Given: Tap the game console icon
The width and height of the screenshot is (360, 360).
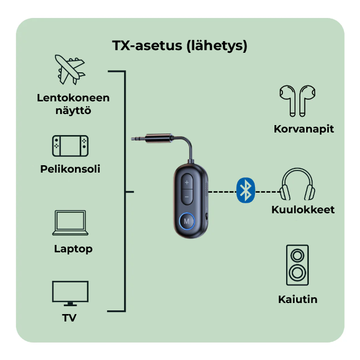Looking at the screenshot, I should (x=70, y=145).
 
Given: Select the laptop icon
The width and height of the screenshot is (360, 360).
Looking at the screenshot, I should (x=70, y=223).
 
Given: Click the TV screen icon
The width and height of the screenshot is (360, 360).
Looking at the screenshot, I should (x=70, y=293).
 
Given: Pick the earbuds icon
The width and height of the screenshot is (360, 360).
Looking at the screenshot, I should (x=297, y=100).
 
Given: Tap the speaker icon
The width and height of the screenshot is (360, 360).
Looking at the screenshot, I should (x=297, y=264).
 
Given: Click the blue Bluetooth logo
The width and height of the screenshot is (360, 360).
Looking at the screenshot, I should (x=245, y=191).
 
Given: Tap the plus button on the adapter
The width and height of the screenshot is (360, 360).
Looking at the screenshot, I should (x=187, y=183).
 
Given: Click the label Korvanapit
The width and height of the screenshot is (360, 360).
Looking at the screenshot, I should (x=304, y=129).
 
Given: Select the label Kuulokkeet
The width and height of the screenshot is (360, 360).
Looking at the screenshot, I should (x=303, y=210).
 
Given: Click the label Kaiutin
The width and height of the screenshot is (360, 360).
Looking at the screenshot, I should (x=298, y=299).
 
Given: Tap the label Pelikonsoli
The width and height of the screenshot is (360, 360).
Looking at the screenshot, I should (x=70, y=169).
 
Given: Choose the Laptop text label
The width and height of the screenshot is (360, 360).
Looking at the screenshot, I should (x=73, y=249).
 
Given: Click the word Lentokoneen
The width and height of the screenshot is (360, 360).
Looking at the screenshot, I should (x=73, y=98).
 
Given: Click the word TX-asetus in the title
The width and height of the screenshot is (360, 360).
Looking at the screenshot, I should (x=146, y=46).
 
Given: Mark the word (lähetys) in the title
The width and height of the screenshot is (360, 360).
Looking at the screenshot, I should (x=217, y=46).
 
